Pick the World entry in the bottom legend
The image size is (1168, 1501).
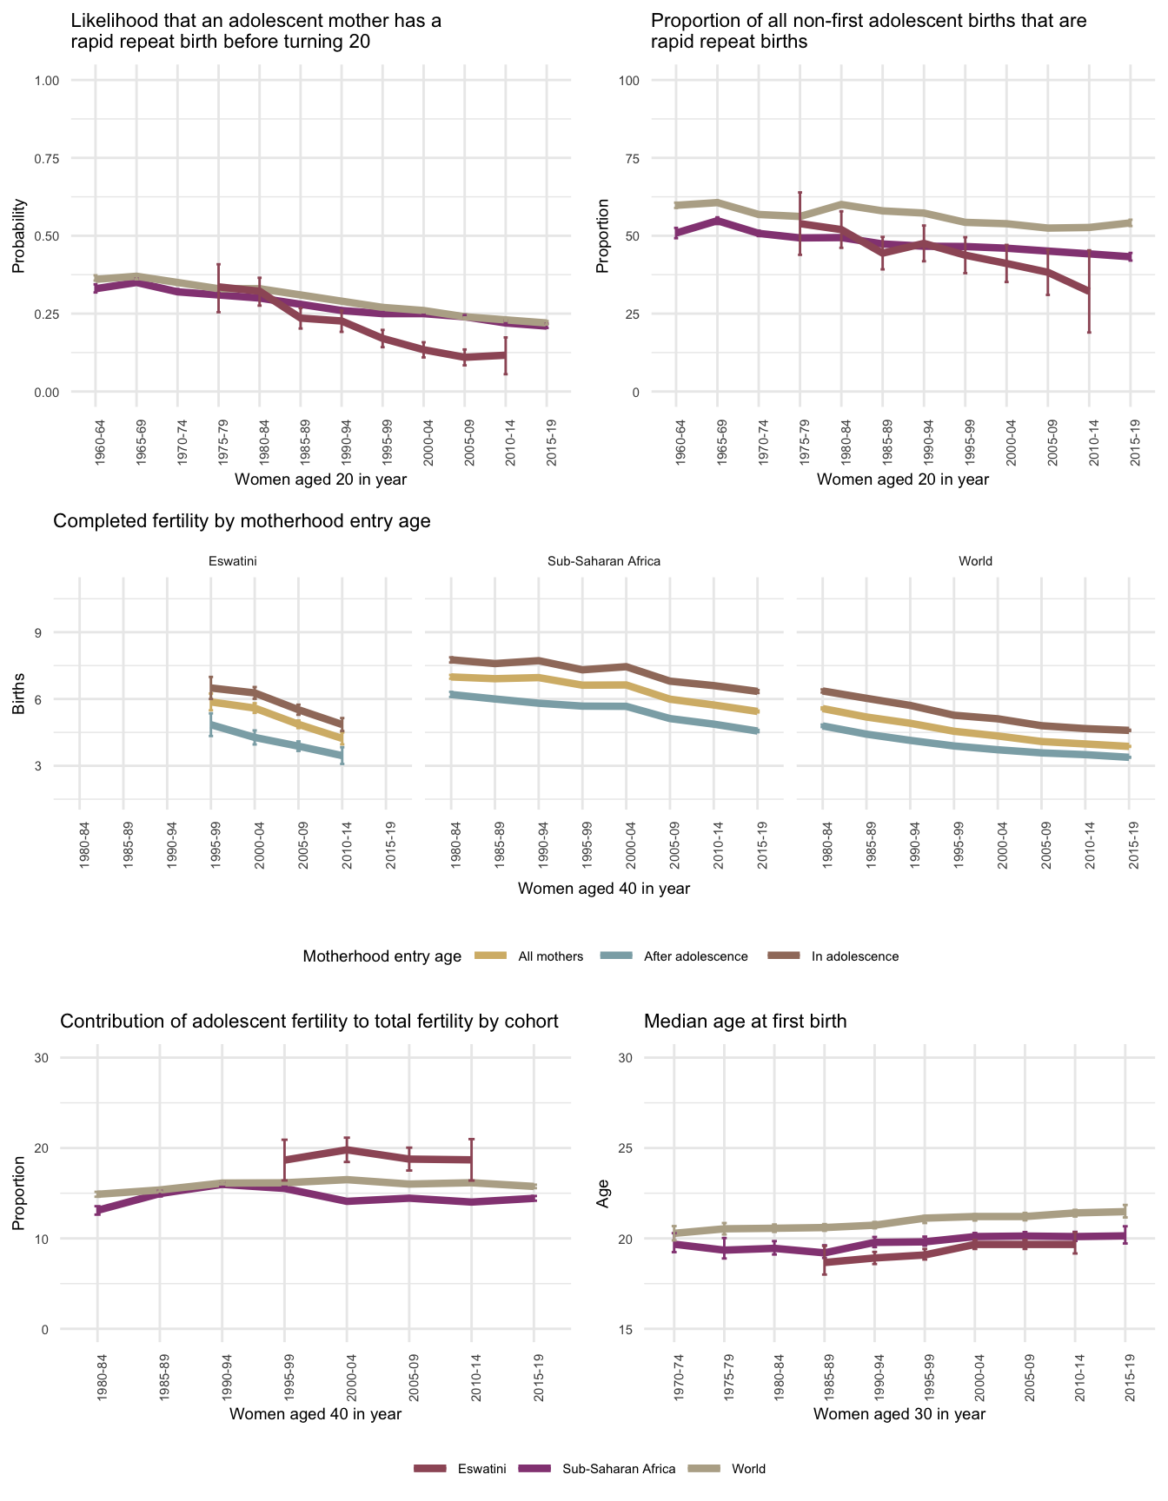click(748, 1469)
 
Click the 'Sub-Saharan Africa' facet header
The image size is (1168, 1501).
click(604, 561)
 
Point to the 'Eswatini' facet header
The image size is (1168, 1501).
click(233, 561)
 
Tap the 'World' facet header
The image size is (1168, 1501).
click(975, 561)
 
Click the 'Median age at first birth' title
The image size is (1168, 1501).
click(745, 1022)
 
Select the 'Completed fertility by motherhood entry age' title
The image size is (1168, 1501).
click(242, 521)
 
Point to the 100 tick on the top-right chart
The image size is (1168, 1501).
click(628, 81)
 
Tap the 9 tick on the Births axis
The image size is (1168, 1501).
click(39, 632)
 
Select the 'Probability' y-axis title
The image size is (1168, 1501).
click(19, 236)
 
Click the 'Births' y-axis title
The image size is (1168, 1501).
click(19, 699)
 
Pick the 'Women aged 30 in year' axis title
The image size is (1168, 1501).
click(899, 1414)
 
